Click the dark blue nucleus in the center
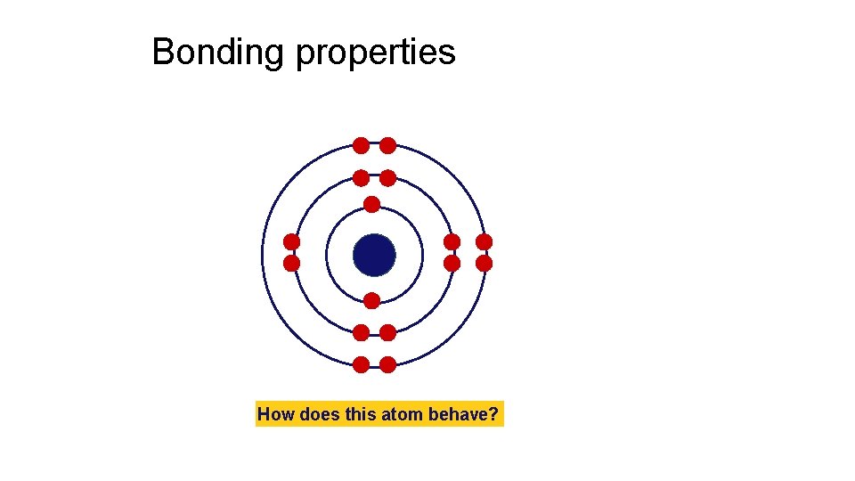(x=374, y=255)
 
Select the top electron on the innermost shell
(x=371, y=204)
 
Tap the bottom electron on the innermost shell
(x=371, y=300)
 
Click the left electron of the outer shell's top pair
(x=361, y=145)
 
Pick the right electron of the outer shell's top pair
(x=388, y=145)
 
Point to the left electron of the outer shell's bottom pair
(x=361, y=364)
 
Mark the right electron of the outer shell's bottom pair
(x=388, y=364)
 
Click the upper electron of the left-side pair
(x=291, y=241)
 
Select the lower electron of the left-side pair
(x=291, y=264)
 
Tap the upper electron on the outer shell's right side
(x=484, y=241)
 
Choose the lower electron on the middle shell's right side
(x=452, y=264)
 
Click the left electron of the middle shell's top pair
(x=361, y=177)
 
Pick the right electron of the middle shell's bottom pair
(x=388, y=332)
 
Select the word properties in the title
(x=375, y=53)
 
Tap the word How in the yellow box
(x=276, y=414)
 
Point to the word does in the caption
(x=318, y=414)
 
